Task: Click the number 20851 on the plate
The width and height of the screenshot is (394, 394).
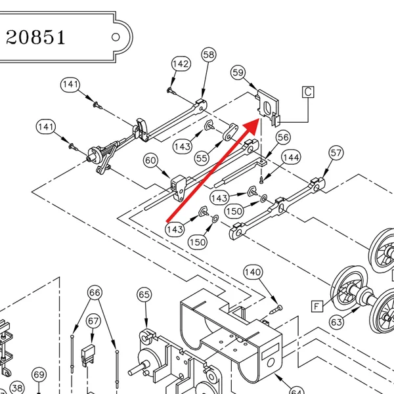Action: [x=35, y=37]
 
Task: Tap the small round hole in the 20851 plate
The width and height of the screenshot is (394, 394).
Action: [x=116, y=37]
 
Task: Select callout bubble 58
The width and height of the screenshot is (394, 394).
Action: [x=209, y=55]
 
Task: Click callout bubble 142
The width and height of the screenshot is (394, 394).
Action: [x=181, y=64]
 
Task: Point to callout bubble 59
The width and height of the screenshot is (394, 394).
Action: [x=238, y=73]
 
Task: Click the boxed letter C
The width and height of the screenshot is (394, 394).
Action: [x=308, y=92]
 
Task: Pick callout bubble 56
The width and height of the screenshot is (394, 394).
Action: [x=283, y=137]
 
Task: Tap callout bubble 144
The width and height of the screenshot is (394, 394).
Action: [x=291, y=158]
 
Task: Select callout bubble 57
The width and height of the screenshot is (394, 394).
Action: [x=336, y=153]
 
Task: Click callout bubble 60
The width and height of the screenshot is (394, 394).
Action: [x=151, y=160]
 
